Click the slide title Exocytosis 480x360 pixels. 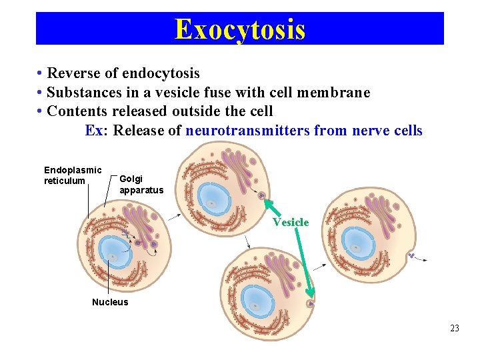[x=240, y=29]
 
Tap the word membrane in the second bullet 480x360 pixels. [x=337, y=93]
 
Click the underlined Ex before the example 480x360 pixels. [x=94, y=131]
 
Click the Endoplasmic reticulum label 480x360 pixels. [x=72, y=175]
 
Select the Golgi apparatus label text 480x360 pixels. [x=141, y=184]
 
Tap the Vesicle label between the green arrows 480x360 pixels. [x=290, y=222]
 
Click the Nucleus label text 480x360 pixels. [x=110, y=302]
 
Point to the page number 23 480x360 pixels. [x=455, y=328]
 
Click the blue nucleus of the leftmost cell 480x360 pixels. [x=113, y=254]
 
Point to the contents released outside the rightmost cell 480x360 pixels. [x=413, y=255]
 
